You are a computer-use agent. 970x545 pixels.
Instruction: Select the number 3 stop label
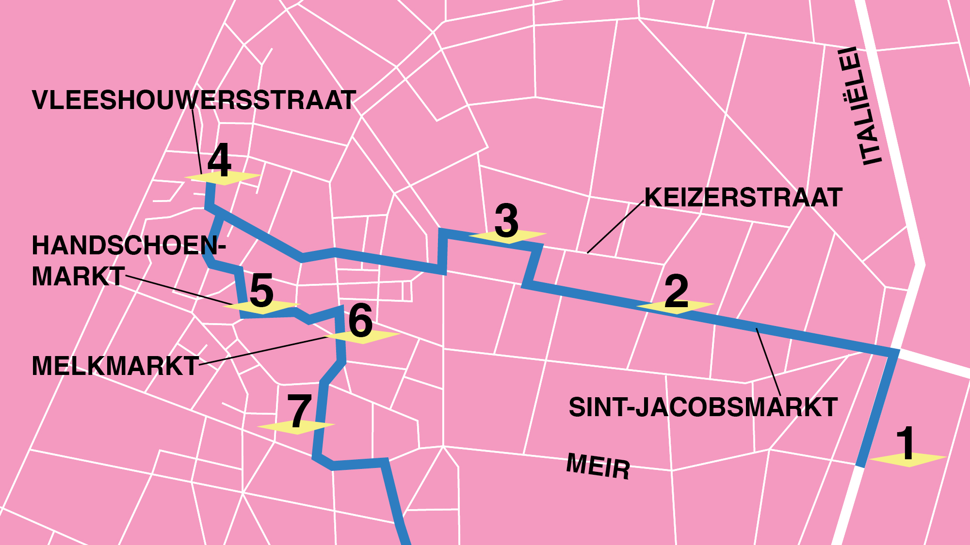(507, 221)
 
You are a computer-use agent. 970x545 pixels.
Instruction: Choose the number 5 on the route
(262, 291)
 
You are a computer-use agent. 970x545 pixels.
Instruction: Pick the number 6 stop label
(361, 320)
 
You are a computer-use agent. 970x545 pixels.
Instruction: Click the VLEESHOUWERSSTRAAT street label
(194, 100)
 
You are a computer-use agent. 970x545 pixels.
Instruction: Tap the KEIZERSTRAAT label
(743, 198)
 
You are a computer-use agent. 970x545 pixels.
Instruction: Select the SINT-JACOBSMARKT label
(703, 407)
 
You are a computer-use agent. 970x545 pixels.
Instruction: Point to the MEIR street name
(598, 466)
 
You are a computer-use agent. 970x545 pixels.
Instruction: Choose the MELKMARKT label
(115, 366)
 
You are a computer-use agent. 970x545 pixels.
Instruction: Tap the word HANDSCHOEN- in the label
(129, 245)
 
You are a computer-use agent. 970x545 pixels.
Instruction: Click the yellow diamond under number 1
(908, 459)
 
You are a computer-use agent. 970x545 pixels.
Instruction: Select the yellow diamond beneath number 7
(296, 427)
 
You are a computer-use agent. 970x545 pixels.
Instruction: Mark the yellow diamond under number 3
(508, 236)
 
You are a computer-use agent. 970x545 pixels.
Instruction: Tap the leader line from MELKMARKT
(262, 351)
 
